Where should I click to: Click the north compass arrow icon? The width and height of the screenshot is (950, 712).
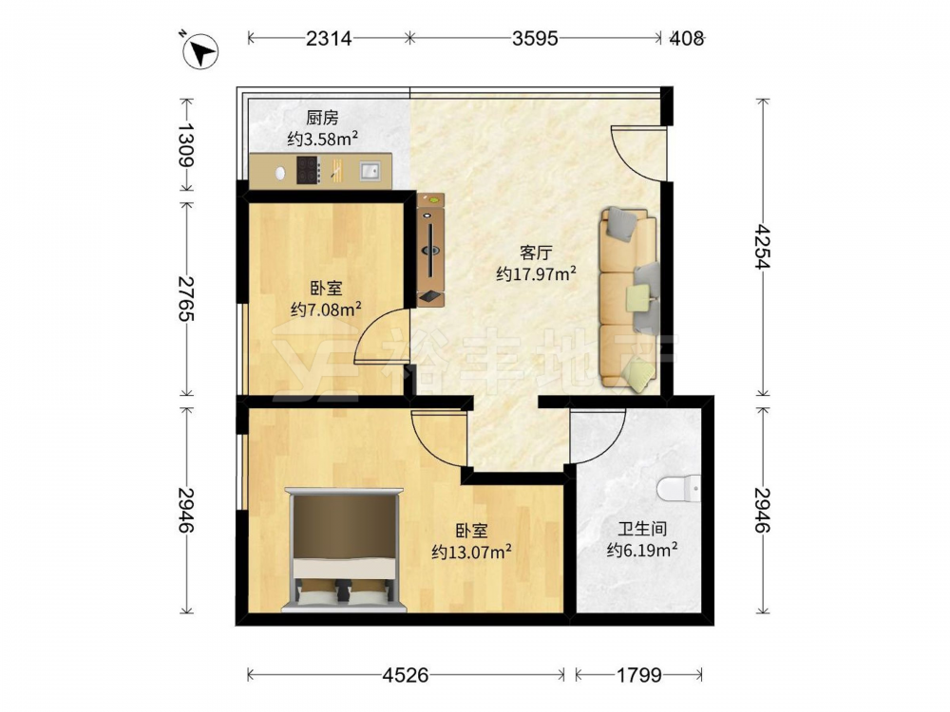[x=200, y=50]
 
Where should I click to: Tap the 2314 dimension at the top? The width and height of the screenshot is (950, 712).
[x=329, y=38]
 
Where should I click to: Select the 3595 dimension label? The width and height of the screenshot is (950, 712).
[x=534, y=38]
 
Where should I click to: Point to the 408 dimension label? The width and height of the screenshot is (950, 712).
[x=687, y=38]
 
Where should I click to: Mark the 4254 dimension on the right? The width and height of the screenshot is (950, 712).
[x=762, y=247]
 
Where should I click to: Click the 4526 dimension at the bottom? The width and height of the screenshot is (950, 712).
[x=406, y=674]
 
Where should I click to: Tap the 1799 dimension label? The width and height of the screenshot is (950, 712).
[x=639, y=674]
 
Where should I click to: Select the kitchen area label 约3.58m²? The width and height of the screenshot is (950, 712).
[x=322, y=140]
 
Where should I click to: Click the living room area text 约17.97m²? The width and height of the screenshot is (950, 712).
[x=536, y=273]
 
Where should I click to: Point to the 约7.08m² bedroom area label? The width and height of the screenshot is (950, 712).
[x=326, y=310]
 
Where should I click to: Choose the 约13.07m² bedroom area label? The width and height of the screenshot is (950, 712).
[x=471, y=553]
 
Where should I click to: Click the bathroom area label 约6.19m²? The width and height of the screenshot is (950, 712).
[x=642, y=551]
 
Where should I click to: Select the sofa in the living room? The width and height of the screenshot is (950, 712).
[x=628, y=298]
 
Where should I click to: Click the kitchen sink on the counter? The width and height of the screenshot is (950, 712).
[x=370, y=171]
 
